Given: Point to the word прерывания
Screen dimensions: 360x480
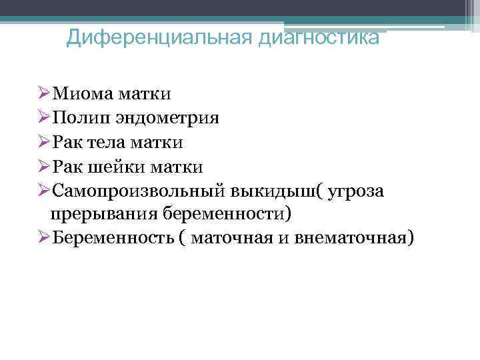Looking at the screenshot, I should point(103,215).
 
